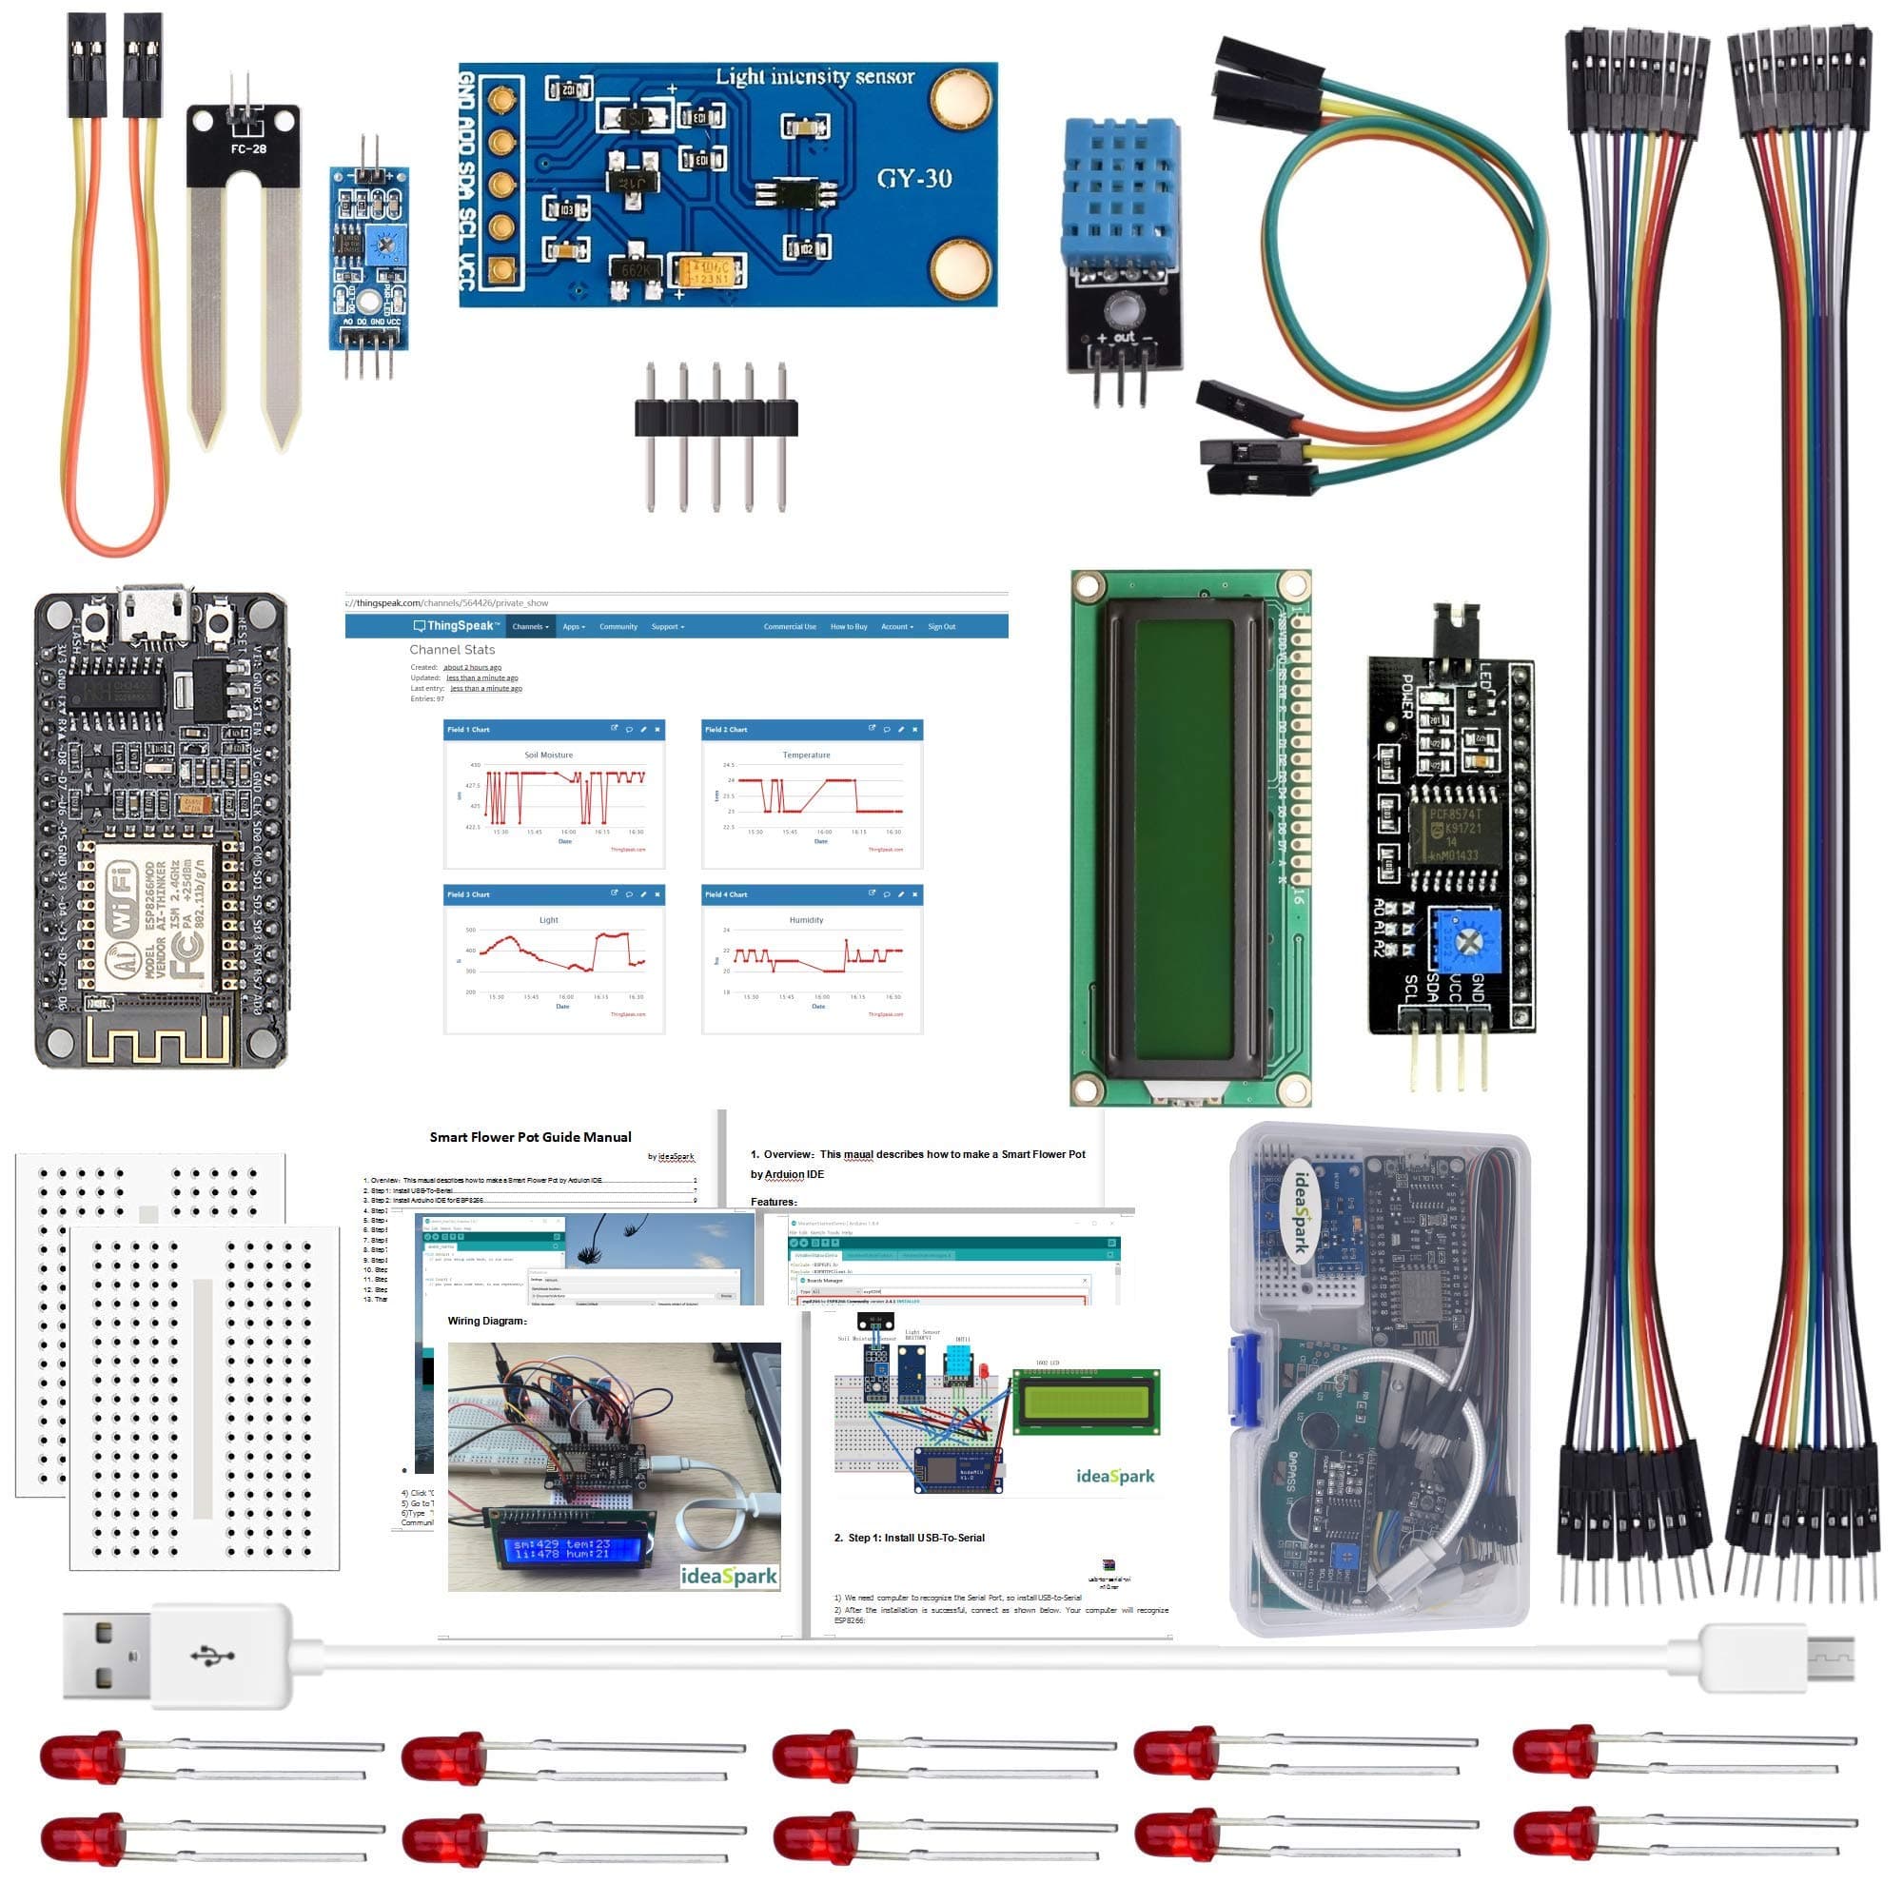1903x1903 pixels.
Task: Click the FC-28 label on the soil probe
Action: click(x=248, y=148)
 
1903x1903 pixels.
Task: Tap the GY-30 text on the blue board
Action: click(x=913, y=178)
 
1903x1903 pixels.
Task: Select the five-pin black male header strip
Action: click(x=716, y=419)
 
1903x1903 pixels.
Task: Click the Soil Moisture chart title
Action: click(x=549, y=755)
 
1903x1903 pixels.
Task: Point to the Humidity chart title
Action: click(x=806, y=920)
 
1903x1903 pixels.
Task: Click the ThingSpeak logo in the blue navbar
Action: click(x=456, y=626)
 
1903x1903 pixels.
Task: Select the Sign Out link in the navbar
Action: click(x=941, y=626)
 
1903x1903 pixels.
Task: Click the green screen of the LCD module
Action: click(x=1185, y=837)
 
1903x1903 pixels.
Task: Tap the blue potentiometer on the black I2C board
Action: click(x=1465, y=942)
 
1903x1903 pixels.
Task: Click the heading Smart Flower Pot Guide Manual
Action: click(x=530, y=1137)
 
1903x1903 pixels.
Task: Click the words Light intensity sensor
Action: click(x=814, y=77)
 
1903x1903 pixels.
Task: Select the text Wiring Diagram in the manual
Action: click(x=486, y=1321)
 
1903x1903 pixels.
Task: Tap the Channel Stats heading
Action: click(x=452, y=649)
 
